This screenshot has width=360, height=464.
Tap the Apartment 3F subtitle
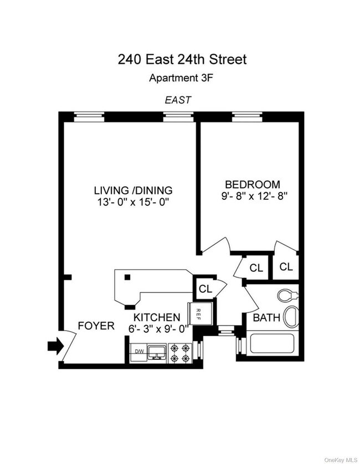(x=180, y=78)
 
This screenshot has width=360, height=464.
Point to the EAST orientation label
(x=177, y=100)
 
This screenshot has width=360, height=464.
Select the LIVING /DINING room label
(x=133, y=190)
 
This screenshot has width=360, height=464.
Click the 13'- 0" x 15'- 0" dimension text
(x=133, y=202)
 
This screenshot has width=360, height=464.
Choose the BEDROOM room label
(x=252, y=184)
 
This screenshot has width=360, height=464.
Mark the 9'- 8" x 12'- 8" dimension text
(x=252, y=195)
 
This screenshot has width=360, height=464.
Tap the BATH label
(x=265, y=318)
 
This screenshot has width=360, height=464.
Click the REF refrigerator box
(x=200, y=314)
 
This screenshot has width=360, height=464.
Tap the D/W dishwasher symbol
(x=138, y=352)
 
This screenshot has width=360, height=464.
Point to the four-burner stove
(x=179, y=353)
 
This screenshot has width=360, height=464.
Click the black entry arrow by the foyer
(x=54, y=347)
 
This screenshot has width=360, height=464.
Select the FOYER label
(x=96, y=326)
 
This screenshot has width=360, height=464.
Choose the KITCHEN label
(x=157, y=317)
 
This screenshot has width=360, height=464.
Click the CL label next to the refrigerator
(x=205, y=288)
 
